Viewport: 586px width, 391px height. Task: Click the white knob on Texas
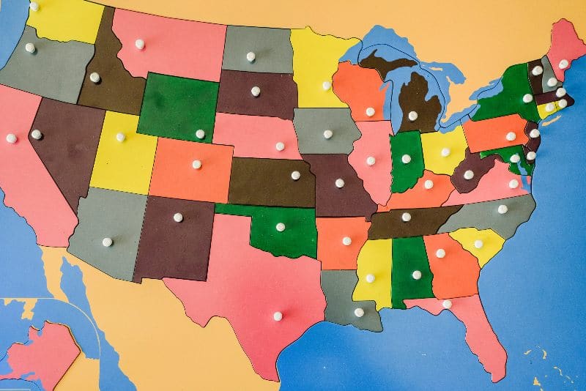278,316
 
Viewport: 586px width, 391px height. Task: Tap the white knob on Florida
447,304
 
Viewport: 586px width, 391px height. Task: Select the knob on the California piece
11,138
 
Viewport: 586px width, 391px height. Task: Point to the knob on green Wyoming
200,134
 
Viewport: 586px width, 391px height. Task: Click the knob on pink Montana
139,44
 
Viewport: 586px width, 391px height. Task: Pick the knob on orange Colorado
196,164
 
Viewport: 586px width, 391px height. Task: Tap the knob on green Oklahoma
280,227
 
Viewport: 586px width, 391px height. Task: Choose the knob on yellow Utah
120,137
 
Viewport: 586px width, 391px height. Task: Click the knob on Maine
563,64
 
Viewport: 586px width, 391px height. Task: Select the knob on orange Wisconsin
370,112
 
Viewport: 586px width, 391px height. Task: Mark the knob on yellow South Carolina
478,244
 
